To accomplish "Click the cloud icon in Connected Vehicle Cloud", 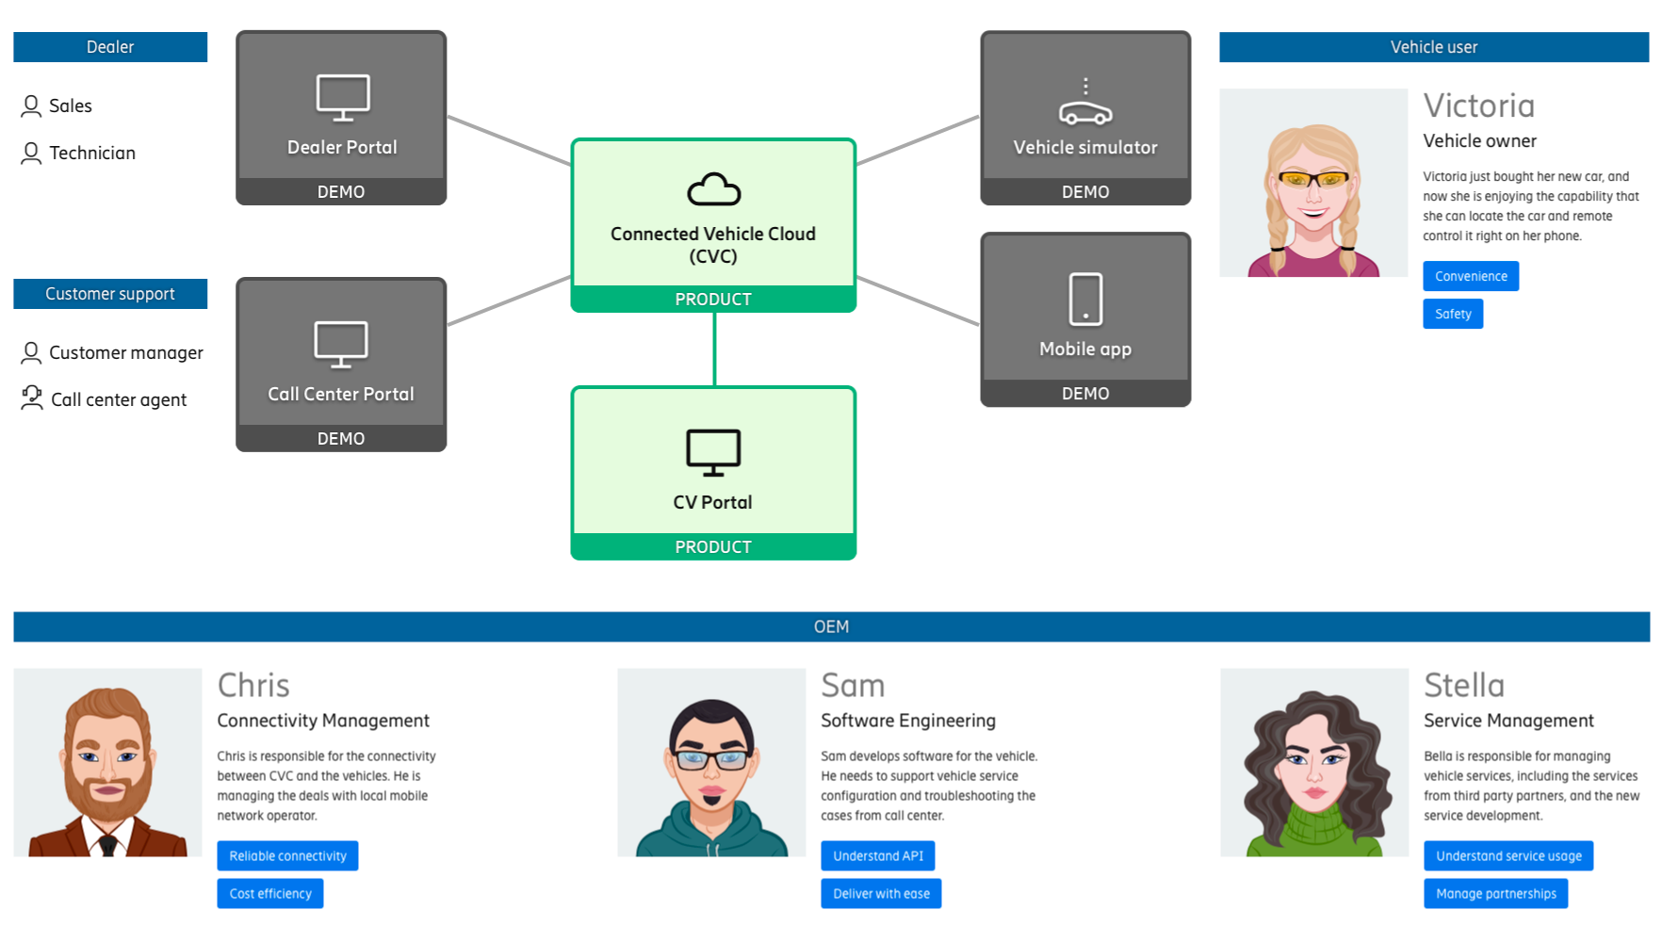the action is pos(713,189).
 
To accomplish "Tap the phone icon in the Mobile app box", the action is pos(1085,300).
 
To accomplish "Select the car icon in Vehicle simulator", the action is pos(1085,106).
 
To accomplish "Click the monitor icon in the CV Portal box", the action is pos(713,452).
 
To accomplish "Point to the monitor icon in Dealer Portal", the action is pos(342,97).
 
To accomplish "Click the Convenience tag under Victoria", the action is pos(1471,276).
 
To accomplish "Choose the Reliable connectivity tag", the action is pos(287,855).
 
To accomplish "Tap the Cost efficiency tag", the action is pos(270,893).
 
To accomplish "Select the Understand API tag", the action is pos(878,855).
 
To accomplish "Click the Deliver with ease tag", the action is pos(881,893).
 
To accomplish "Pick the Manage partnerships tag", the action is pos(1496,893).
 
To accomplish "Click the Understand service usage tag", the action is pos(1508,855).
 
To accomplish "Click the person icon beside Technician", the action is pos(31,153).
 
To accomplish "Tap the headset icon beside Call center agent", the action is pos(32,398).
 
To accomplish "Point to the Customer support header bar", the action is pos(110,294).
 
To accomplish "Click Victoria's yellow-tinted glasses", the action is pos(1313,178).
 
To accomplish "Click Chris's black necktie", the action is pos(108,845).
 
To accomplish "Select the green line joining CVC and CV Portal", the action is pos(714,349).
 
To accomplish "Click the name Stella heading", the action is pos(1464,685).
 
